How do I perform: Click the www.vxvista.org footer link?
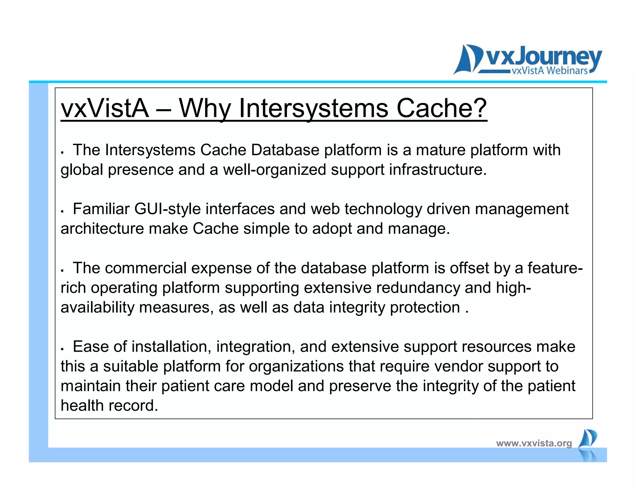point(534,443)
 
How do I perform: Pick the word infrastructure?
point(438,170)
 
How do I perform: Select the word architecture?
point(102,229)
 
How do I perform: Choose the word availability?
point(97,307)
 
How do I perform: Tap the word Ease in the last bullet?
point(91,347)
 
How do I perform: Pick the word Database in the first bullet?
point(285,150)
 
